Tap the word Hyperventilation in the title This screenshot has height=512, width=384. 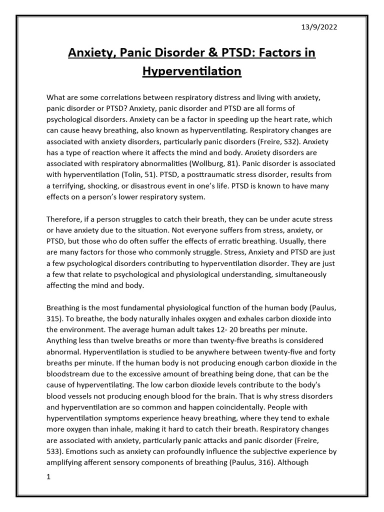point(192,71)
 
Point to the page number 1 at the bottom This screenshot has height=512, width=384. point(48,477)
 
